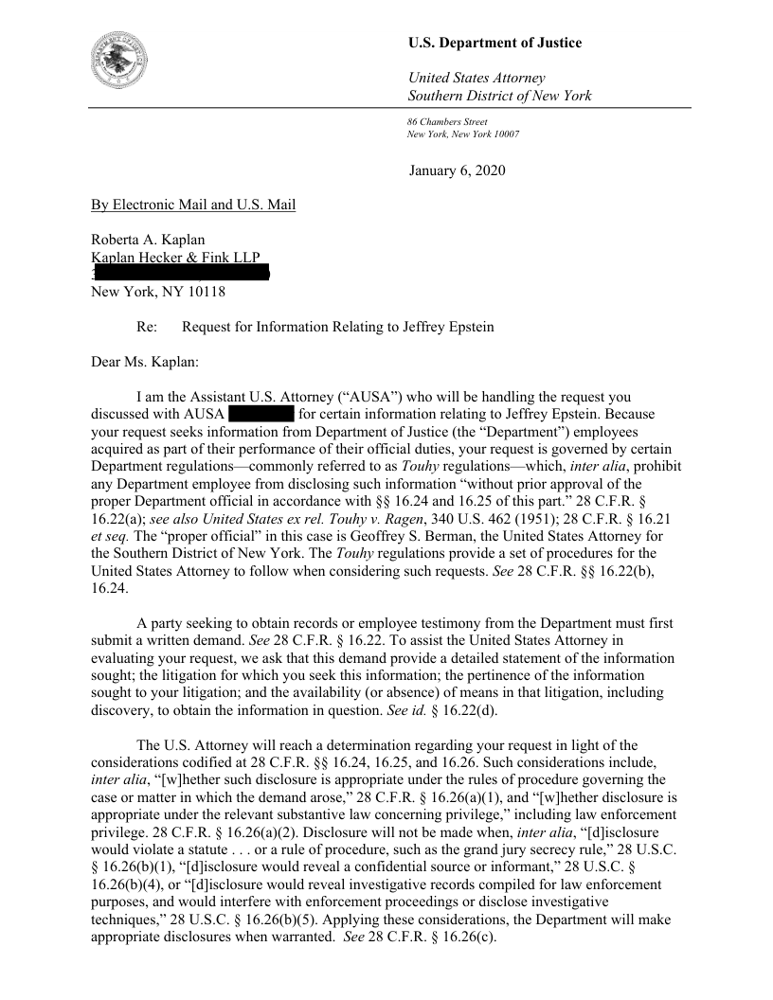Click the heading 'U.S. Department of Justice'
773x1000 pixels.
coord(494,43)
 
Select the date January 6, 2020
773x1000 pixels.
coord(458,171)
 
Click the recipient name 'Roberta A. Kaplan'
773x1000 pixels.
coord(148,240)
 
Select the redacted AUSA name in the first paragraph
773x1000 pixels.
coord(261,415)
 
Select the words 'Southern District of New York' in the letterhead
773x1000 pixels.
coord(499,96)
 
